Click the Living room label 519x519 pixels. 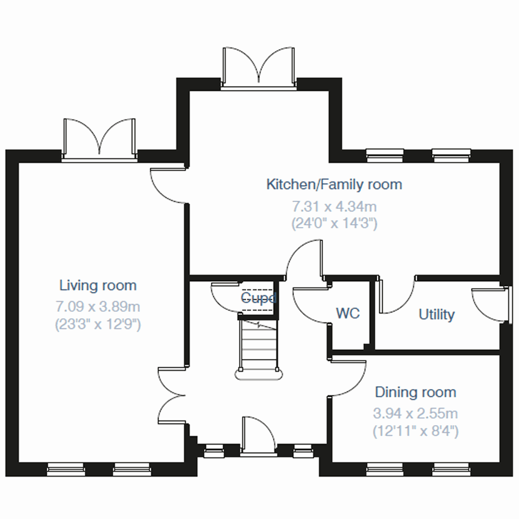pos(98,285)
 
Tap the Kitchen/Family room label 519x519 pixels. pos(334,184)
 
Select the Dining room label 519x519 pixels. pos(415,392)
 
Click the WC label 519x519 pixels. pos(348,313)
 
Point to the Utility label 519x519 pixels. pos(436,314)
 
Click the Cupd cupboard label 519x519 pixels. pos(258,298)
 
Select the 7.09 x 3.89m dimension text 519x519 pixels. pos(98,307)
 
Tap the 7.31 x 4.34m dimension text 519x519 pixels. pos(334,206)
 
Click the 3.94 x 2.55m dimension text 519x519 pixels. pos(415,413)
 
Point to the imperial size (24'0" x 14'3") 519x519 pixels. pos(334,224)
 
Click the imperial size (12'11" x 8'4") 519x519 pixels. pos(415,431)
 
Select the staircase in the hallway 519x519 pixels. pos(259,346)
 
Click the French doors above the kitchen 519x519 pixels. pos(259,67)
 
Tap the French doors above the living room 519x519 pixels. pos(99,138)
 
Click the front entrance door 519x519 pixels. pos(258,435)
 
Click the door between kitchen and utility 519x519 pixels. pos(397,296)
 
